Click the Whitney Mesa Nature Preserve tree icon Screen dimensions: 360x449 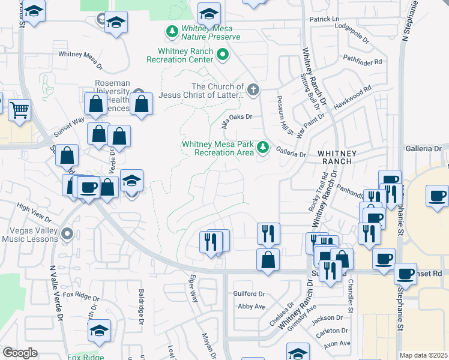point(172,31)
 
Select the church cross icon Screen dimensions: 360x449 point(253,91)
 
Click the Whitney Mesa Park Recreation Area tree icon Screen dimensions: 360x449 point(262,147)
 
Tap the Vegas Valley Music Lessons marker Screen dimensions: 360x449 point(67,233)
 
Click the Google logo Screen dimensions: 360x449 point(20,353)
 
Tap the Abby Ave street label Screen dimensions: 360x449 point(252,306)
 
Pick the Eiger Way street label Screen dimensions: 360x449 point(193,289)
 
